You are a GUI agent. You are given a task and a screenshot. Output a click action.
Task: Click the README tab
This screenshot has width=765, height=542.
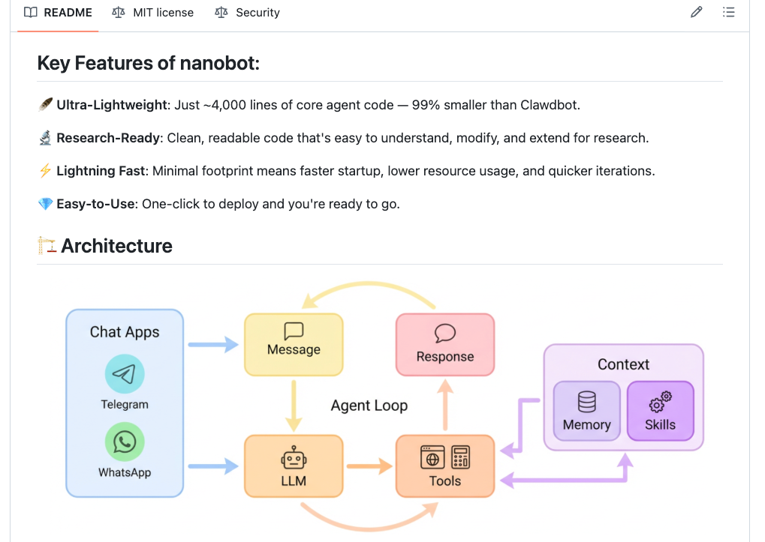(x=58, y=13)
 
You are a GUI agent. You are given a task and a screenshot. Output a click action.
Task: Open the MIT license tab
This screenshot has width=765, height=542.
(x=152, y=13)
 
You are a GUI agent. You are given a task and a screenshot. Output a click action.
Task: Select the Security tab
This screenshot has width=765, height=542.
(x=247, y=13)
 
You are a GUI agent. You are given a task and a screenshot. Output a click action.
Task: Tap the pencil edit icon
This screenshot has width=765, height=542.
(x=696, y=13)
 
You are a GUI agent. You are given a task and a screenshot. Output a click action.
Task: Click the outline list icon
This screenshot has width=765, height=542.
(x=728, y=13)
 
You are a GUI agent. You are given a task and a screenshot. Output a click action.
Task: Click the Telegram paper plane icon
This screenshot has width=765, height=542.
(x=125, y=374)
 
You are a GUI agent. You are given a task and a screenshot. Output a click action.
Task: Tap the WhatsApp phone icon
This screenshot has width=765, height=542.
(x=125, y=442)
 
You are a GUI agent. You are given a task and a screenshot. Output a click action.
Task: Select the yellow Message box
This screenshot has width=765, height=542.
(x=294, y=343)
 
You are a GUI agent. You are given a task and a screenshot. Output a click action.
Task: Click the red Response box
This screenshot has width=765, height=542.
(x=445, y=344)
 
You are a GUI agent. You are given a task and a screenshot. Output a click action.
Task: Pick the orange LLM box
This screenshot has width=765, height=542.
(x=294, y=466)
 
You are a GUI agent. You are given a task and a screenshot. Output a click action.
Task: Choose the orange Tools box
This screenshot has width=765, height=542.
(x=445, y=466)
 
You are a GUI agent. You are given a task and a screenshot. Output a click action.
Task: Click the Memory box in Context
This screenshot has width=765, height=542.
(x=586, y=411)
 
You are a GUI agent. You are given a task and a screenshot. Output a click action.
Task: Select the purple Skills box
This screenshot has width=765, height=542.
(x=661, y=411)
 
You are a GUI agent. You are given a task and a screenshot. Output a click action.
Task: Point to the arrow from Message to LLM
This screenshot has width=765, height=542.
(x=294, y=405)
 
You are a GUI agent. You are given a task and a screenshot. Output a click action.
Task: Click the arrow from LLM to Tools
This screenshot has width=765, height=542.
(x=369, y=466)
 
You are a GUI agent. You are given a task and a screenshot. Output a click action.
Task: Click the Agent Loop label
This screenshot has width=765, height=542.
(x=369, y=406)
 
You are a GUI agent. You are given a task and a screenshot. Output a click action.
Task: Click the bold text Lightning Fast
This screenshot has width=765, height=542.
(x=102, y=171)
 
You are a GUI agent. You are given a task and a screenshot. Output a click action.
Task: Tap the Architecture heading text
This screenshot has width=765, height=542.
(x=116, y=246)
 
